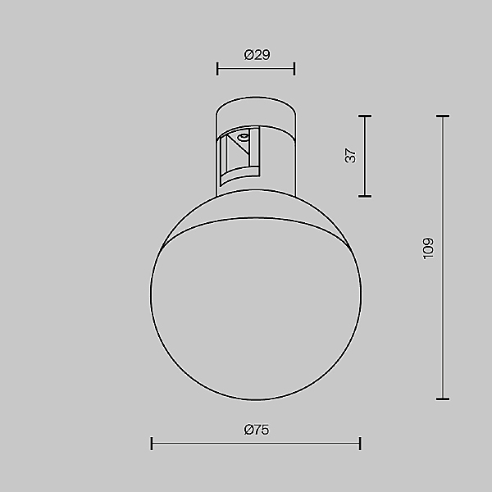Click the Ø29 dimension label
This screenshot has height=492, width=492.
pos(257,55)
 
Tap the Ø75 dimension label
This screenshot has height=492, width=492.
pos(257,430)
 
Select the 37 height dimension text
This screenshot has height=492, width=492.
pos(351,156)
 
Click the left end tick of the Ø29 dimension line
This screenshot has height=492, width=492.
pos(217,69)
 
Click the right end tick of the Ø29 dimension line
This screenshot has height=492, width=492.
pos(294,69)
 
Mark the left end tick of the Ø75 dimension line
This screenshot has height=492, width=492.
pos(153,444)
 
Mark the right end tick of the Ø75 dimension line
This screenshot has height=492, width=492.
pos(360,444)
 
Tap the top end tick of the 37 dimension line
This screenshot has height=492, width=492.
pos(366,116)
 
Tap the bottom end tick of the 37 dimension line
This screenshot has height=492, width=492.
pos(366,196)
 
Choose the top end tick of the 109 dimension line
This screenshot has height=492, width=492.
pos(443,116)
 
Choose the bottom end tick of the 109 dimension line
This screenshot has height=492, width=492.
pos(443,399)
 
